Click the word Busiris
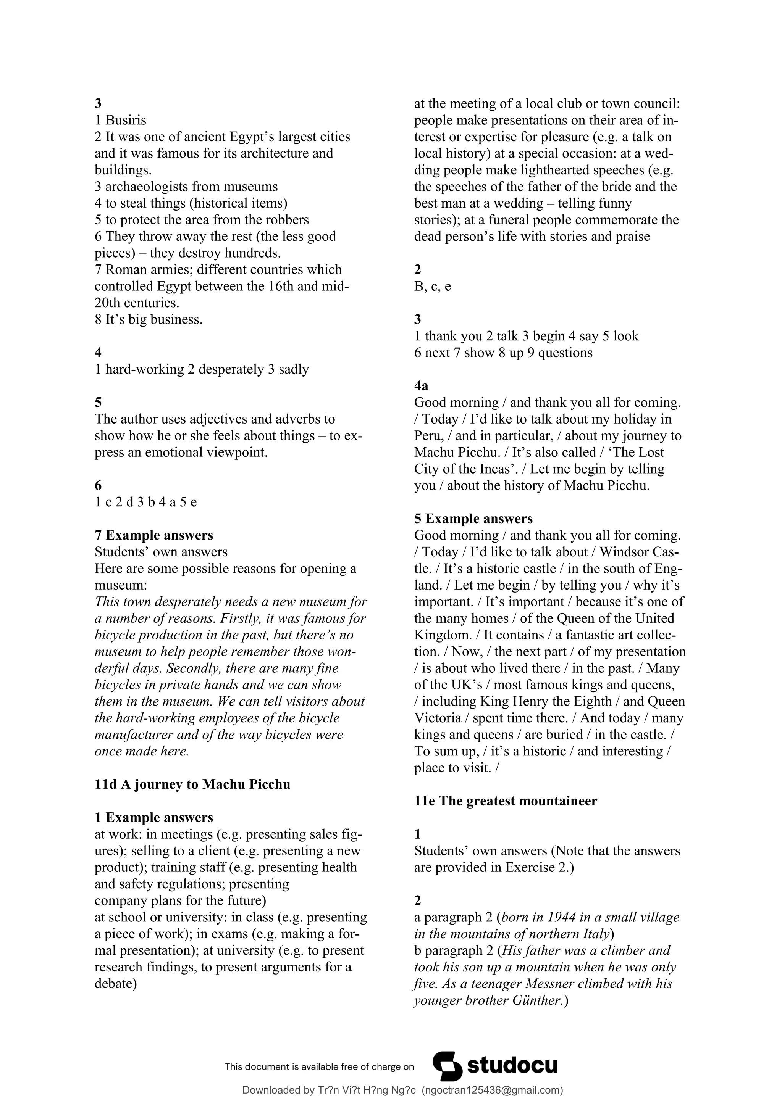point(126,120)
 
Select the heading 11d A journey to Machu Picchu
point(192,784)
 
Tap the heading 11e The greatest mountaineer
point(506,801)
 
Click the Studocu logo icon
point(448,1066)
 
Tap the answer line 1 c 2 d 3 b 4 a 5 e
point(145,503)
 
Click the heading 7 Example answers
point(154,535)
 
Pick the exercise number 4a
point(421,386)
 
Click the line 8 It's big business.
point(148,320)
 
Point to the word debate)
point(116,984)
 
